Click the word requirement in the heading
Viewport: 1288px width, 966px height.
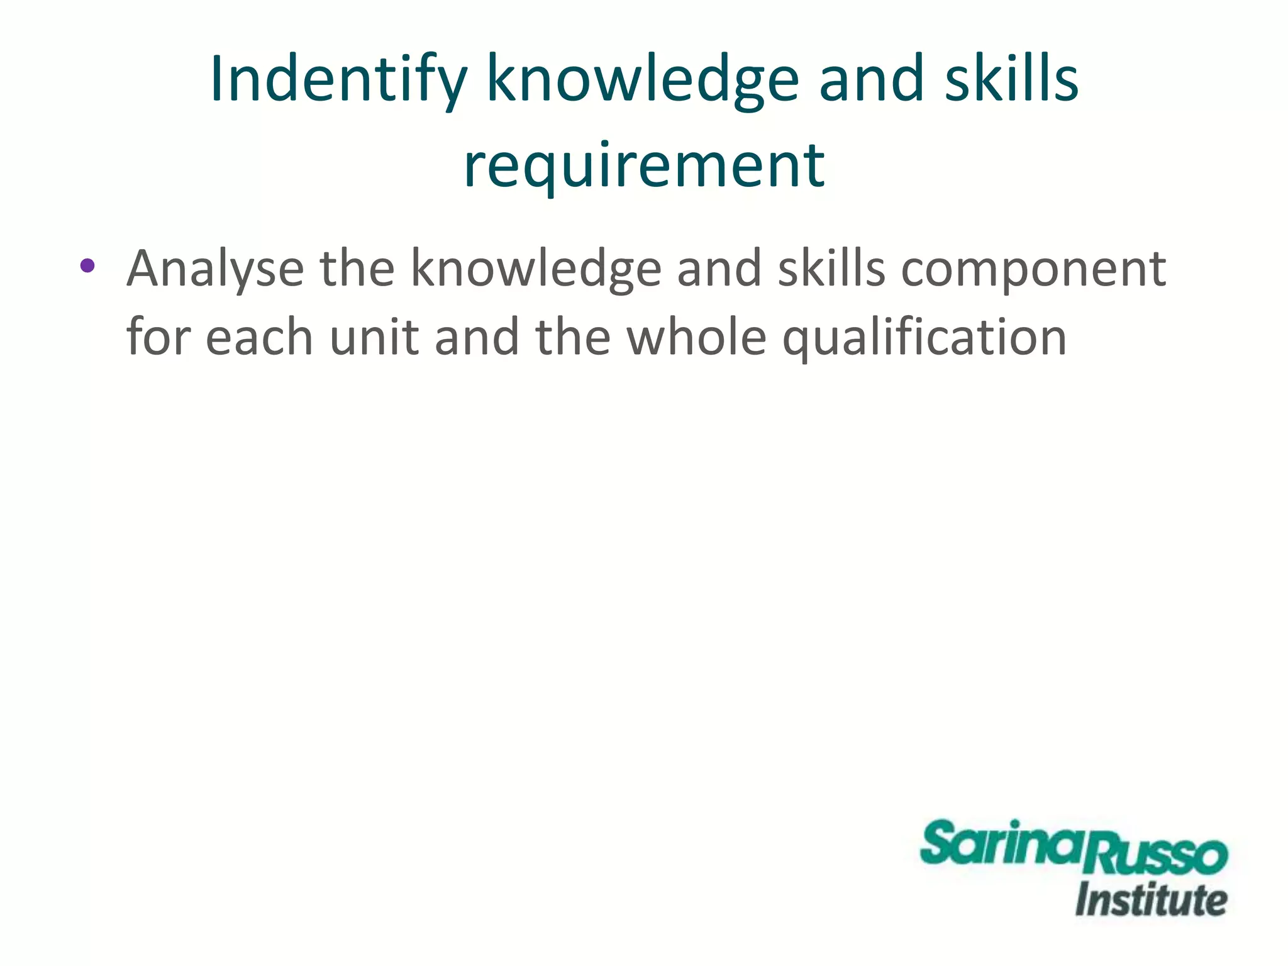coord(644,165)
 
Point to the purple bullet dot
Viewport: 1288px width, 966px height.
coord(87,265)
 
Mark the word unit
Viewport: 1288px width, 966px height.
coord(374,336)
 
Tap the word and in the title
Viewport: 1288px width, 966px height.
coord(871,80)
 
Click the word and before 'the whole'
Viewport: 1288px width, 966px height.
coord(477,336)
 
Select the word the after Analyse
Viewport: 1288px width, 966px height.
coord(357,269)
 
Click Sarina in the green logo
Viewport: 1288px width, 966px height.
coord(1004,844)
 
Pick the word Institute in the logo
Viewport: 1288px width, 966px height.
coord(1151,900)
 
